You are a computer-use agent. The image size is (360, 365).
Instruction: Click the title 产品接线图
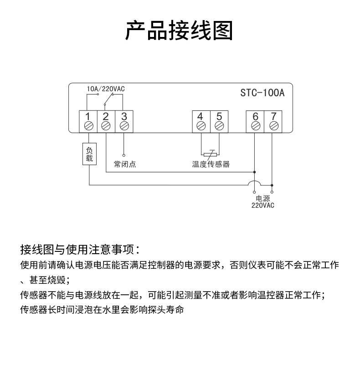179,31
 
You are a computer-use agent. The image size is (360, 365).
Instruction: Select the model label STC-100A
262,93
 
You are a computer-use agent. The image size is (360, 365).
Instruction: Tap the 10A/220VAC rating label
106,89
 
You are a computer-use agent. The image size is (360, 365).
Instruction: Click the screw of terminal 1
88,126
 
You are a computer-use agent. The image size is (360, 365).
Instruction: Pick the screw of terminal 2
106,126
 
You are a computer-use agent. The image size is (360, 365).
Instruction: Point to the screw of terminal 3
124,126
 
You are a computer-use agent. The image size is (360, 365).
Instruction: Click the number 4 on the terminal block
200,116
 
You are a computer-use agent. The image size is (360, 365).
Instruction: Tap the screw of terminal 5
219,126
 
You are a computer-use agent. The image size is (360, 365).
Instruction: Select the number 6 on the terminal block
255,116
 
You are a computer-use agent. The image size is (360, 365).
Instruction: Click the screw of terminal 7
274,126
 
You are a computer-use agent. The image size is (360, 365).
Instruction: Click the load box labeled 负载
89,154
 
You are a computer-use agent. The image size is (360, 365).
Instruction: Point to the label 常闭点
125,164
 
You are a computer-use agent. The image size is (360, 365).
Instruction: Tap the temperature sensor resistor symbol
210,154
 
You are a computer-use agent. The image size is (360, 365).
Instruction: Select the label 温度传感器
211,164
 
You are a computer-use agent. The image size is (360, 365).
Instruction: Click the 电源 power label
263,198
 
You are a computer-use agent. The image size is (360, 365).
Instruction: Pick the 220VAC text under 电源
263,205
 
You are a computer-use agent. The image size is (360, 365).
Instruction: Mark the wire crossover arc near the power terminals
254,182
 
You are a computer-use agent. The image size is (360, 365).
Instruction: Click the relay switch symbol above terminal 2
108,99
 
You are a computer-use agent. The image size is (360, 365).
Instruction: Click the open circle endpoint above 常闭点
124,155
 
